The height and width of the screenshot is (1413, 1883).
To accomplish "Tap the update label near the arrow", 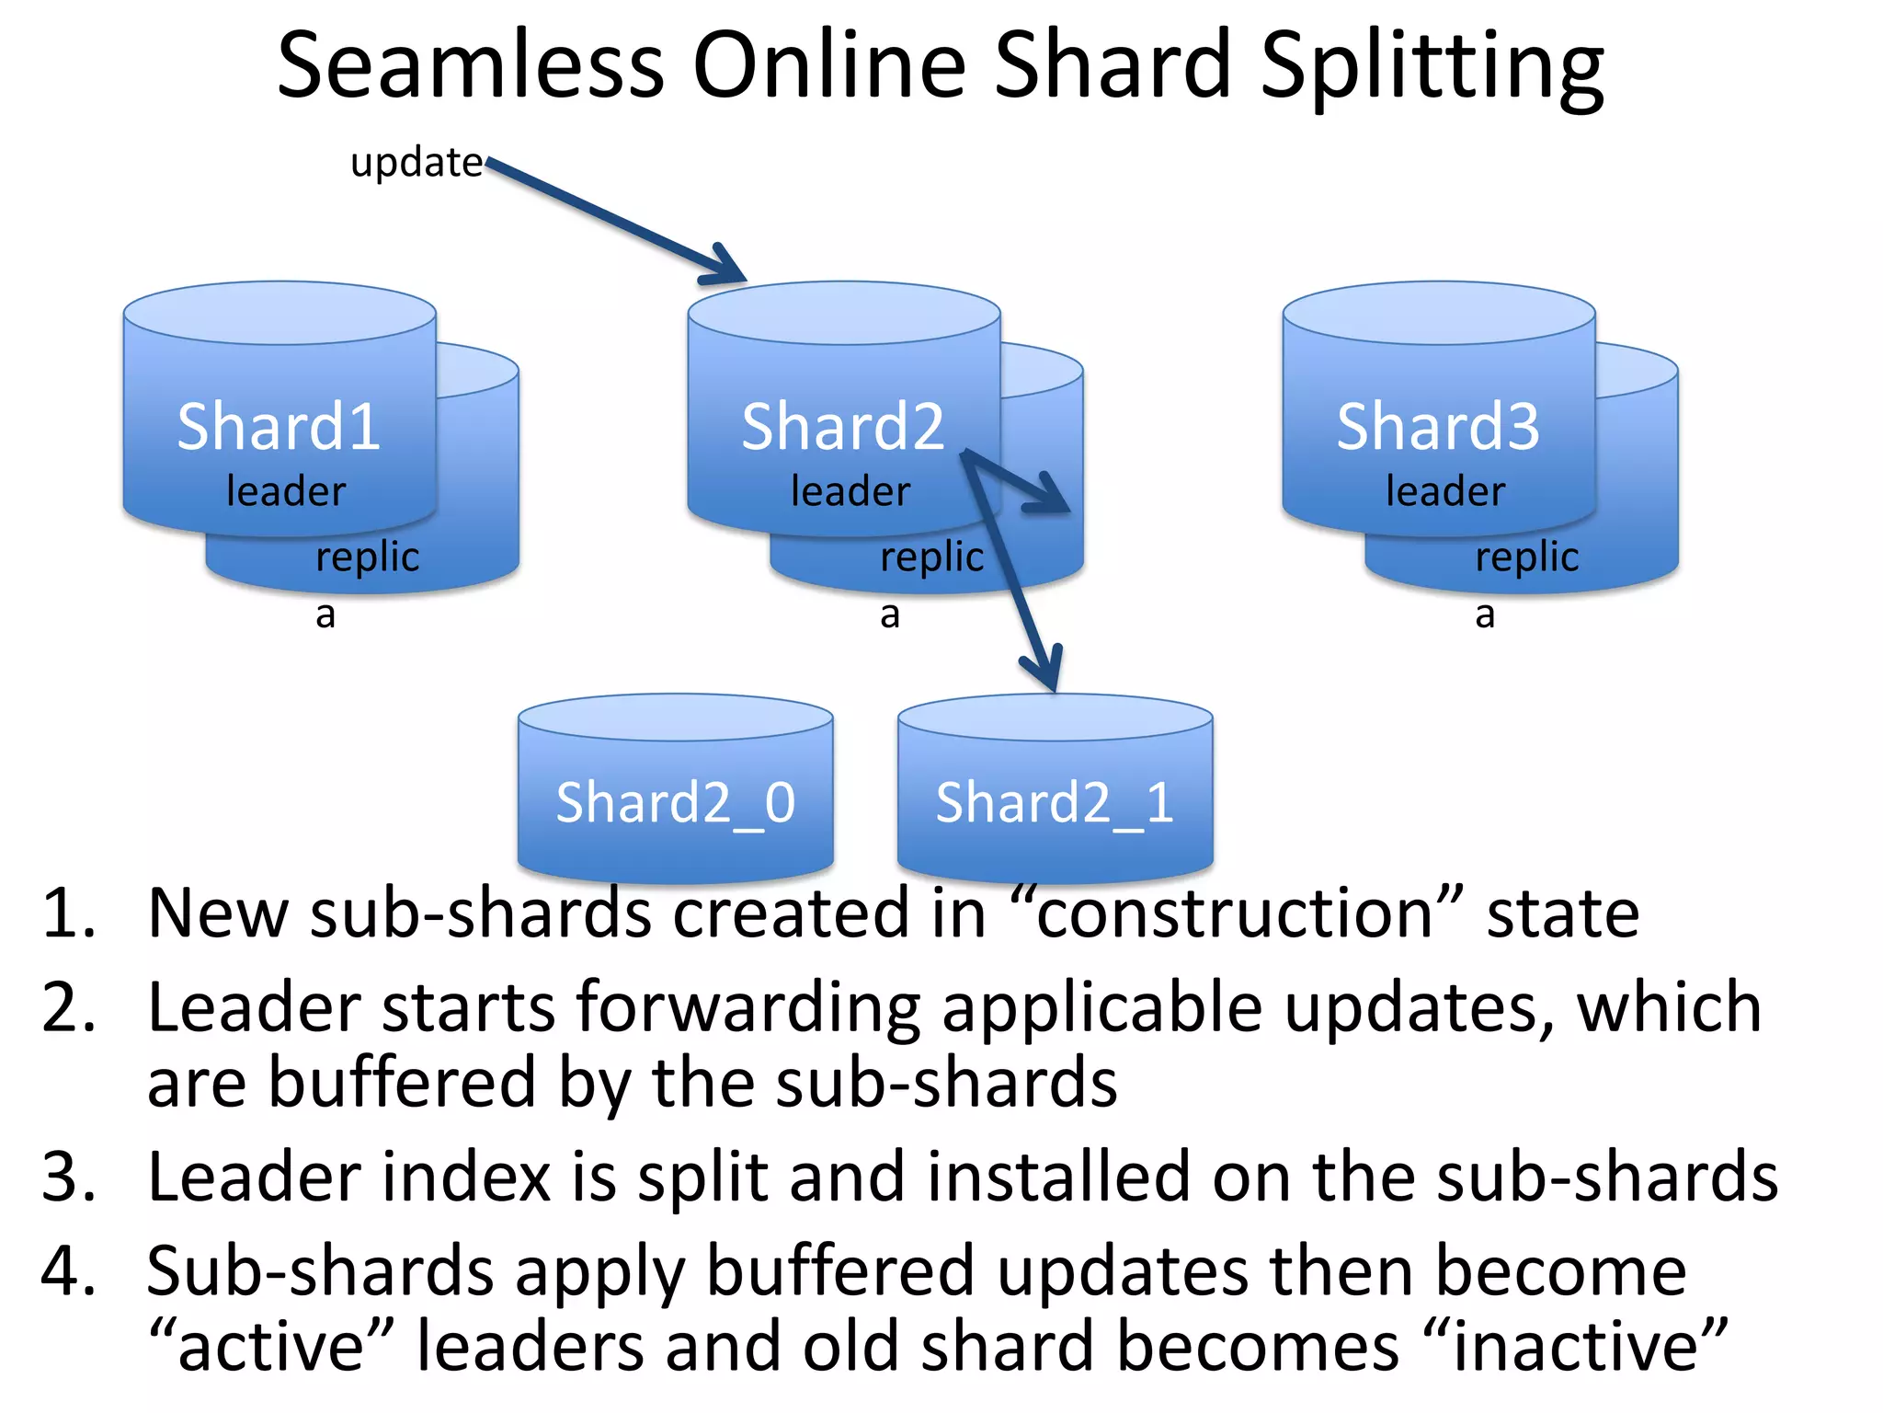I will point(417,163).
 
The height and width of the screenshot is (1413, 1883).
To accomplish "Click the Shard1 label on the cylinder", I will point(279,428).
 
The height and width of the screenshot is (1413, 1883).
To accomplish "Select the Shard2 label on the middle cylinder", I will point(843,428).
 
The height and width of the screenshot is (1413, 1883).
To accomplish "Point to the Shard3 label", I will point(1438,428).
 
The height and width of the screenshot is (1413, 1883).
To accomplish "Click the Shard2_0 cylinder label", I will point(676,802).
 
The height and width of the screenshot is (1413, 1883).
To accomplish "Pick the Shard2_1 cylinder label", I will point(1055,802).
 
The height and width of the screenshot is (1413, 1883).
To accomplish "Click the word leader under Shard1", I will point(286,491).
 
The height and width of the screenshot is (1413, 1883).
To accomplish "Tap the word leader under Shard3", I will point(1445,491).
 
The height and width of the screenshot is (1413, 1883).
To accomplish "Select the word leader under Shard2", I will point(850,491).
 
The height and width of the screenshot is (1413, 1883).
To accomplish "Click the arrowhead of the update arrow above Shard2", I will point(726,267).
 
